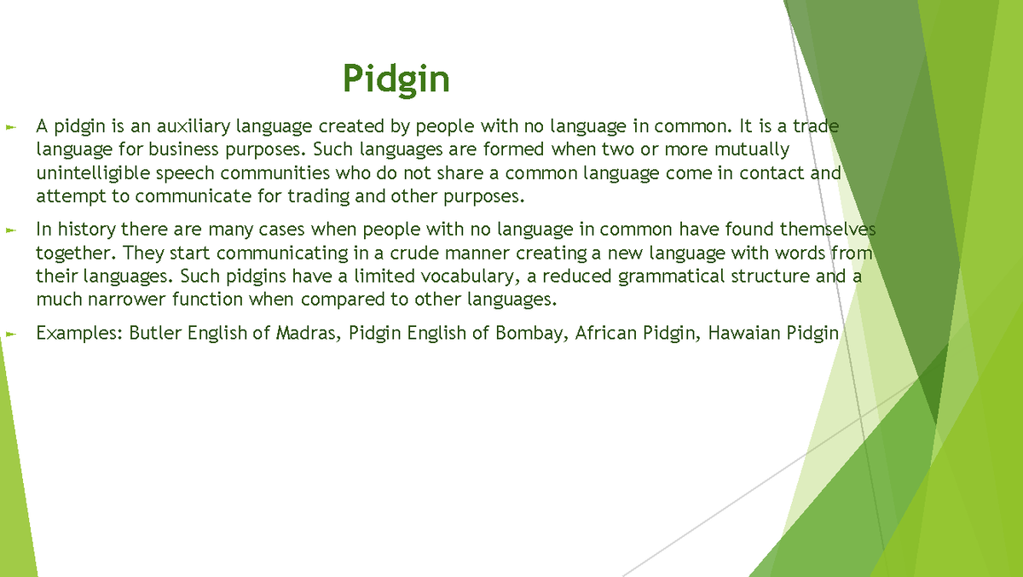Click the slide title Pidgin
(396, 79)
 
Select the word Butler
(154, 333)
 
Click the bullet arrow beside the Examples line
(10, 333)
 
